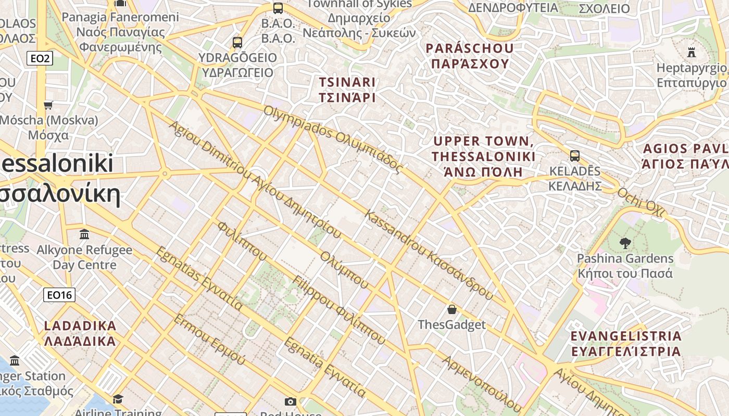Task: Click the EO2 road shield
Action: (40, 58)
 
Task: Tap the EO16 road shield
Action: (59, 295)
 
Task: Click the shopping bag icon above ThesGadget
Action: (452, 309)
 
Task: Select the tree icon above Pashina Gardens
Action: (625, 243)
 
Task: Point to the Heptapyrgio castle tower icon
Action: (692, 52)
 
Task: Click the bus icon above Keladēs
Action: (575, 155)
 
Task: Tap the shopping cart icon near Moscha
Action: (48, 106)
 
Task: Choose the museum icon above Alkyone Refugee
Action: (84, 234)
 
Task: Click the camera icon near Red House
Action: (291, 401)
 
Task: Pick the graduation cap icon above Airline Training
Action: (118, 399)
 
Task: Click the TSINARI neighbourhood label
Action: (347, 89)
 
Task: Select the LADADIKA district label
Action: (80, 333)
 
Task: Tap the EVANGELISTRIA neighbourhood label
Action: (626, 343)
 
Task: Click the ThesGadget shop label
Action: (452, 325)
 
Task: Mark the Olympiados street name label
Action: (333, 139)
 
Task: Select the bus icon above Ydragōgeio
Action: (237, 42)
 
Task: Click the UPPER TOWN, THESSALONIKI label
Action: (484, 156)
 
